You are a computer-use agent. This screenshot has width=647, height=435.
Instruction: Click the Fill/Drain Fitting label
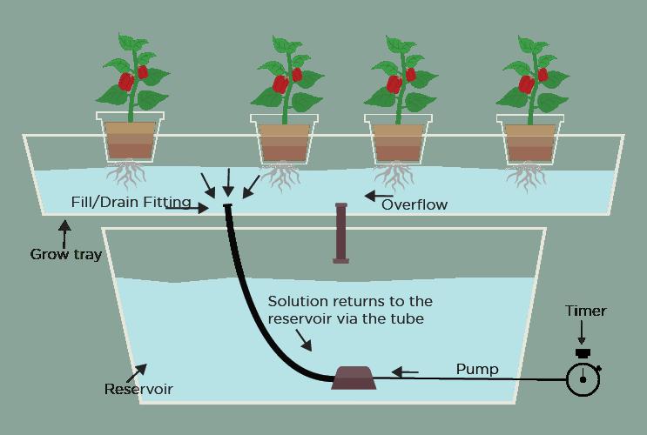tap(131, 203)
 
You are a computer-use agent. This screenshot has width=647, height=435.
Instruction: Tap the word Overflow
tap(414, 204)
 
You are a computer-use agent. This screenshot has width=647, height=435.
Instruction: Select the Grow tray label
tap(65, 255)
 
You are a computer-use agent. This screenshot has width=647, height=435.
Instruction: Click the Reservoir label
tap(138, 389)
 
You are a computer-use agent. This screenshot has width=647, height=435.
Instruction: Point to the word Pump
tap(477, 370)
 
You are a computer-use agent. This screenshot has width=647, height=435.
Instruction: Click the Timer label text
tap(585, 311)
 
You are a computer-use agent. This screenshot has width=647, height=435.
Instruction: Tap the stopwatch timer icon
tap(583, 378)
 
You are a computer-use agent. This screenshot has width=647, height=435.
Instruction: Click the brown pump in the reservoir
tap(354, 377)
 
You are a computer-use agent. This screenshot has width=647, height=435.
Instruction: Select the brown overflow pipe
tap(340, 232)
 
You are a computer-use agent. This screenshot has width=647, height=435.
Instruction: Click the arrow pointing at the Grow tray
tap(63, 231)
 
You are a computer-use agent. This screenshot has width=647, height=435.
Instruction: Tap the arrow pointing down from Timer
tap(583, 334)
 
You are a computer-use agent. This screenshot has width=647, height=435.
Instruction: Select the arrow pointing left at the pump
tap(404, 372)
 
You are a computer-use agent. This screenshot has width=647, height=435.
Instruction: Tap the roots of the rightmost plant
tap(530, 177)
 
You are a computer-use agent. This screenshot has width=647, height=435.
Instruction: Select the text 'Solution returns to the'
tap(350, 301)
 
